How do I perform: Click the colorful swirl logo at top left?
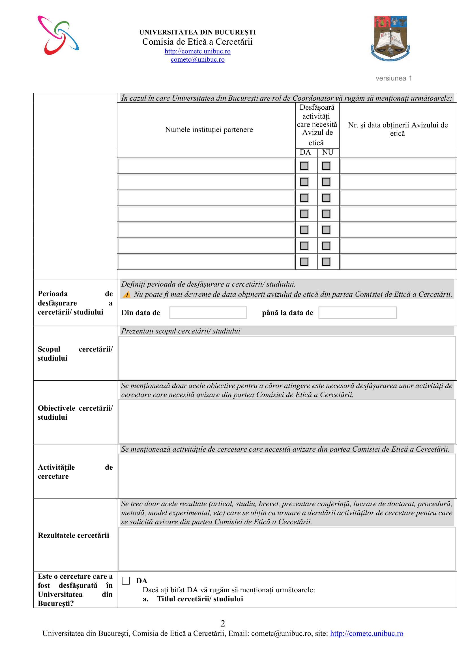(58, 35)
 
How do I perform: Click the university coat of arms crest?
(390, 38)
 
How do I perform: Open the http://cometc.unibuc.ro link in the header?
(197, 51)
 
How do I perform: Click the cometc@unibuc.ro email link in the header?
(197, 59)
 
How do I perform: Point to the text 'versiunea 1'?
(394, 78)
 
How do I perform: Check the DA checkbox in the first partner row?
(304, 166)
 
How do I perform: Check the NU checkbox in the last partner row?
(326, 262)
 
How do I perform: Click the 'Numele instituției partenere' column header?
(209, 129)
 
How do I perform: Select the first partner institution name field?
(206, 166)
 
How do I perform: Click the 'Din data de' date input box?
(208, 313)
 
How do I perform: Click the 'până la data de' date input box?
(357, 313)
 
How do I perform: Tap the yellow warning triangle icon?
(126, 294)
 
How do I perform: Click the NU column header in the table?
(328, 152)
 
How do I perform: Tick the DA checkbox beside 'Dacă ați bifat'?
(126, 580)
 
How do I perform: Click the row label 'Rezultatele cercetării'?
(74, 535)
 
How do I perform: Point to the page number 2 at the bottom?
(223, 623)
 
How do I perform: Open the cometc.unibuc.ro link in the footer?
(366, 633)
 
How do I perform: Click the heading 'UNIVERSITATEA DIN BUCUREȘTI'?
(197, 32)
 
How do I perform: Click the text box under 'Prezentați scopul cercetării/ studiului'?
(287, 358)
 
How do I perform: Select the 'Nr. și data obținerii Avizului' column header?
(398, 129)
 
